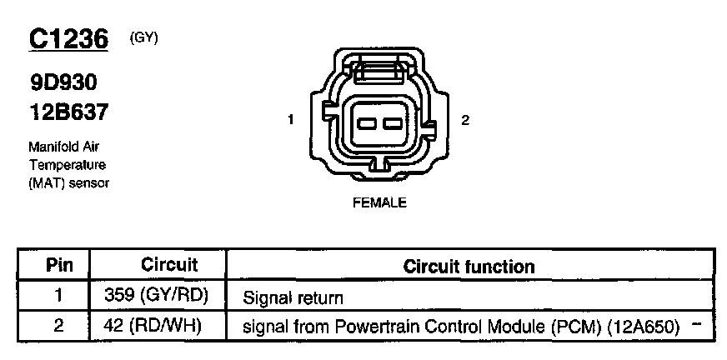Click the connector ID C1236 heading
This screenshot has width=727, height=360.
click(68, 38)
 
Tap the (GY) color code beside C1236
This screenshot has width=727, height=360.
click(144, 37)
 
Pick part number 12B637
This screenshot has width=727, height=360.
click(68, 111)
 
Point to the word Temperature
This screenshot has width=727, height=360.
click(67, 165)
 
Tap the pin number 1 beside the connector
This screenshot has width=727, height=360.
click(290, 120)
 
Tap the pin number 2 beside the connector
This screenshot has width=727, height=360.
click(465, 120)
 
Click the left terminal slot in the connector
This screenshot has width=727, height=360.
click(366, 124)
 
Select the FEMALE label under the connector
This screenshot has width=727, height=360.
click(379, 202)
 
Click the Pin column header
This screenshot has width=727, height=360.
click(58, 266)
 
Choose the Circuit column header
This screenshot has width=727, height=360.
click(169, 265)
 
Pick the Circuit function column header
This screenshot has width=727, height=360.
click(469, 267)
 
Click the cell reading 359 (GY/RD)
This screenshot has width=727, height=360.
click(156, 296)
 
